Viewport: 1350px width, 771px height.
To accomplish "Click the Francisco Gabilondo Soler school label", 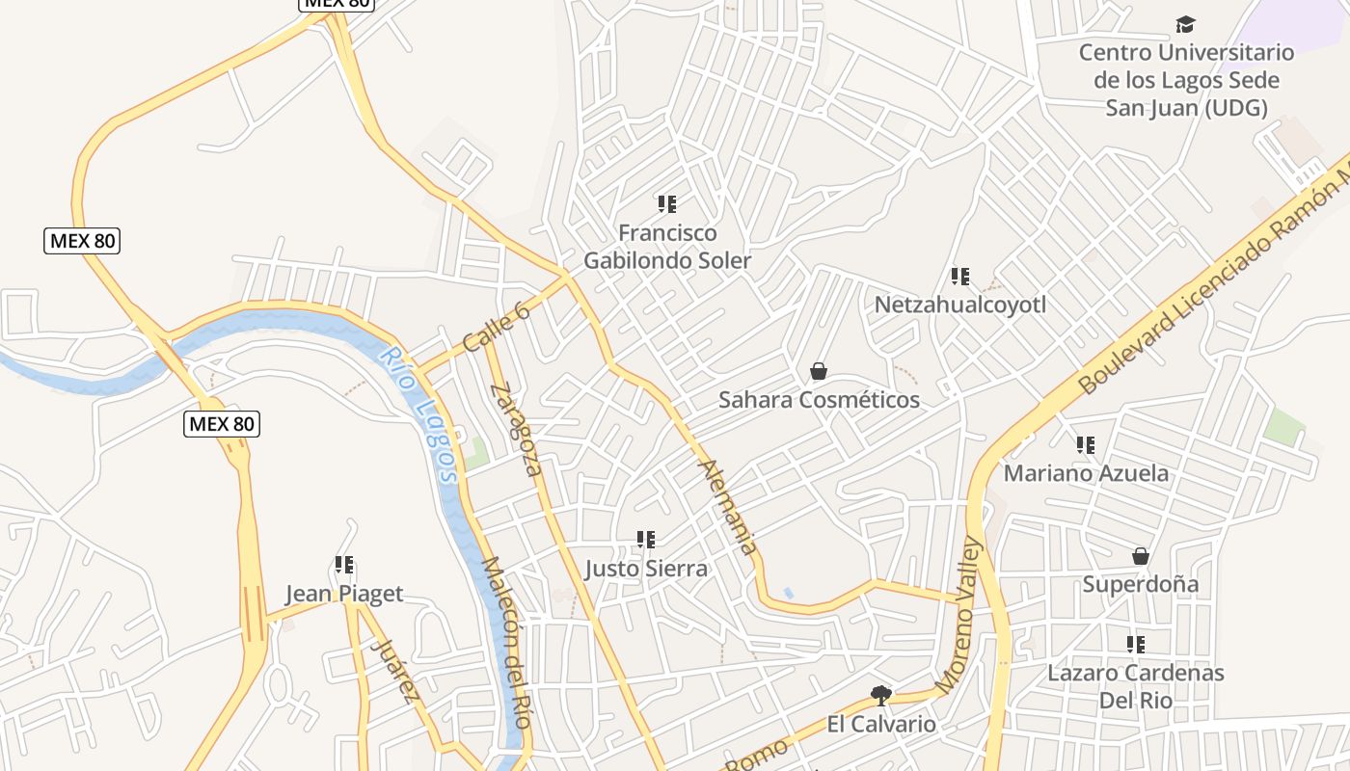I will [x=667, y=247].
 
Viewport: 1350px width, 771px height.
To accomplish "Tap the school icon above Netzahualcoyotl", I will [x=960, y=278].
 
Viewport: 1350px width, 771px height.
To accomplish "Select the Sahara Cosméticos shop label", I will [x=819, y=399].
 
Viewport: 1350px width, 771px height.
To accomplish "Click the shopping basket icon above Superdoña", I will [x=1141, y=556].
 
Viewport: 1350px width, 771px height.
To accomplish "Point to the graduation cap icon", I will [x=1185, y=25].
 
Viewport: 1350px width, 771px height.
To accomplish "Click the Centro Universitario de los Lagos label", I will [x=1186, y=80].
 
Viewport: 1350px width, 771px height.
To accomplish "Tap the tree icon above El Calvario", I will [x=880, y=695].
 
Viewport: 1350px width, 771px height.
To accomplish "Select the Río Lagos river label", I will [x=418, y=413].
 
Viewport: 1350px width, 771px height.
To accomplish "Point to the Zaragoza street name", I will [x=516, y=430].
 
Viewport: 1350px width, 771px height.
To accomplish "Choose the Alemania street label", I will [x=728, y=507].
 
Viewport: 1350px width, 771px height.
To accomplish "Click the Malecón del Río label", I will [x=507, y=642].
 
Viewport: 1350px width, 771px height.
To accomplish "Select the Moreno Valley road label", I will [x=958, y=615].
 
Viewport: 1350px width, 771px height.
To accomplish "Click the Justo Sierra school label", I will [x=646, y=569].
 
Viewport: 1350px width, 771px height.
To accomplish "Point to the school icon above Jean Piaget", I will [x=344, y=565].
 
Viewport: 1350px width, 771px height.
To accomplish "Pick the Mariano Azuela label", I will [x=1086, y=473].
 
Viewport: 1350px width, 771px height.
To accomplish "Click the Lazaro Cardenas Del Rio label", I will [x=1136, y=685].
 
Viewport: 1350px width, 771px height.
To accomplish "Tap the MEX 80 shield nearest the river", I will [x=222, y=423].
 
